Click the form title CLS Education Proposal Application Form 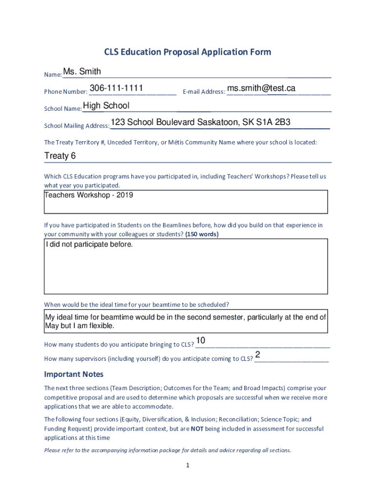coord(188,52)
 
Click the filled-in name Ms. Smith coord(82,72)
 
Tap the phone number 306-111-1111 coord(116,88)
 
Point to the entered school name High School coord(106,105)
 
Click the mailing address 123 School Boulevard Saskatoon coord(201,122)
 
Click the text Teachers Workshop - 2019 coord(88,195)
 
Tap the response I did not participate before coord(89,244)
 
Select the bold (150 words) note coord(202,234)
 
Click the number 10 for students coord(200,340)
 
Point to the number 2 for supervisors coord(257,354)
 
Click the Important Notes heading coord(74,375)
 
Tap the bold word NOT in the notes coord(197,429)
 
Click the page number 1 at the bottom coord(188,466)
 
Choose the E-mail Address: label coord(204,92)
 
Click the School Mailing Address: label coord(77,126)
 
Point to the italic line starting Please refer coord(167,450)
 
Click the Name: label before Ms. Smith coord(53,75)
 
